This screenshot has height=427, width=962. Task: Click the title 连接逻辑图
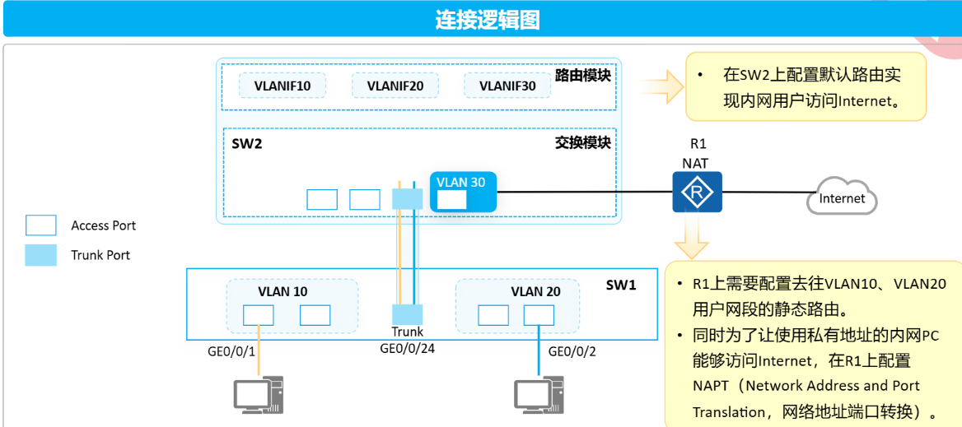pyautogui.click(x=487, y=20)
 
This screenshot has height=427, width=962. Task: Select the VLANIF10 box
pyautogui.click(x=283, y=86)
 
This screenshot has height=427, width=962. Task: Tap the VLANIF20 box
pyautogui.click(x=395, y=86)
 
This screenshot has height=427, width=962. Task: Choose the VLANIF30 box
pyautogui.click(x=507, y=86)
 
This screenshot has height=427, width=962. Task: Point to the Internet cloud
pyautogui.click(x=841, y=198)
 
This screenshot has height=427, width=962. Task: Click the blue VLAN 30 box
pyautogui.click(x=463, y=192)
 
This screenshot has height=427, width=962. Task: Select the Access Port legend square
pyautogui.click(x=41, y=225)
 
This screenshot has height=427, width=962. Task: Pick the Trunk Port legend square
pyautogui.click(x=41, y=255)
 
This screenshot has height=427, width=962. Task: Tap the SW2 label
pyautogui.click(x=246, y=143)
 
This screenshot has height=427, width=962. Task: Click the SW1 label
pyautogui.click(x=621, y=285)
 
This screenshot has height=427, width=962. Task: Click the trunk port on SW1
pyautogui.click(x=407, y=314)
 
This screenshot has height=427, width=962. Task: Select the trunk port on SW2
pyautogui.click(x=407, y=199)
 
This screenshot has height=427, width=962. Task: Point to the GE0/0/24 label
pyautogui.click(x=407, y=348)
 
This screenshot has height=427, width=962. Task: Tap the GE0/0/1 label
pyautogui.click(x=231, y=351)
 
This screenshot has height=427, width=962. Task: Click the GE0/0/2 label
pyautogui.click(x=572, y=351)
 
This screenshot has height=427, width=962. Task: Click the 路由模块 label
pyautogui.click(x=583, y=76)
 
